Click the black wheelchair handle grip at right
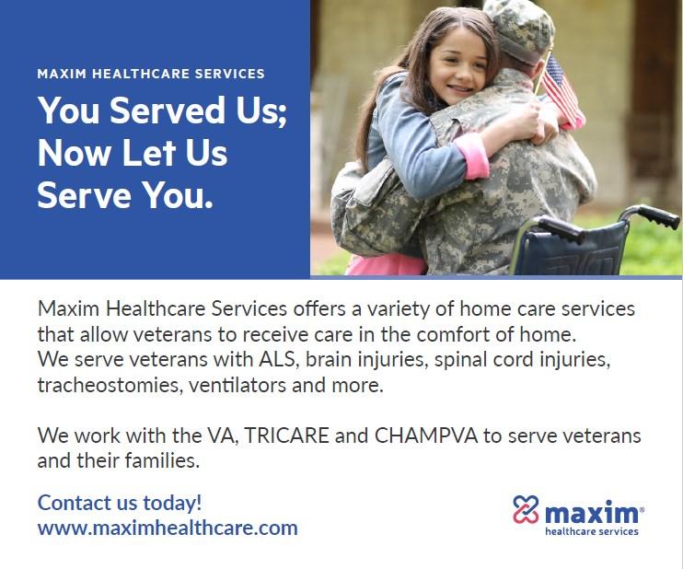pyautogui.click(x=656, y=216)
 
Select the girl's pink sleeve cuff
pyautogui.click(x=472, y=156)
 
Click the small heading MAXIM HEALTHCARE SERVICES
pyautogui.click(x=151, y=74)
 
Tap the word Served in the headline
pyautogui.click(x=167, y=110)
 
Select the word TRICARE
pyautogui.click(x=286, y=435)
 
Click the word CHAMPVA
pyautogui.click(x=425, y=435)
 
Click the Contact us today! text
pyautogui.click(x=120, y=503)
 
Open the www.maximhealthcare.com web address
pyautogui.click(x=168, y=528)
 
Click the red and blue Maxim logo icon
pyautogui.click(x=526, y=509)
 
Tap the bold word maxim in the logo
pyautogui.click(x=592, y=513)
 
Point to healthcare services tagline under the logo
pyautogui.click(x=592, y=531)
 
